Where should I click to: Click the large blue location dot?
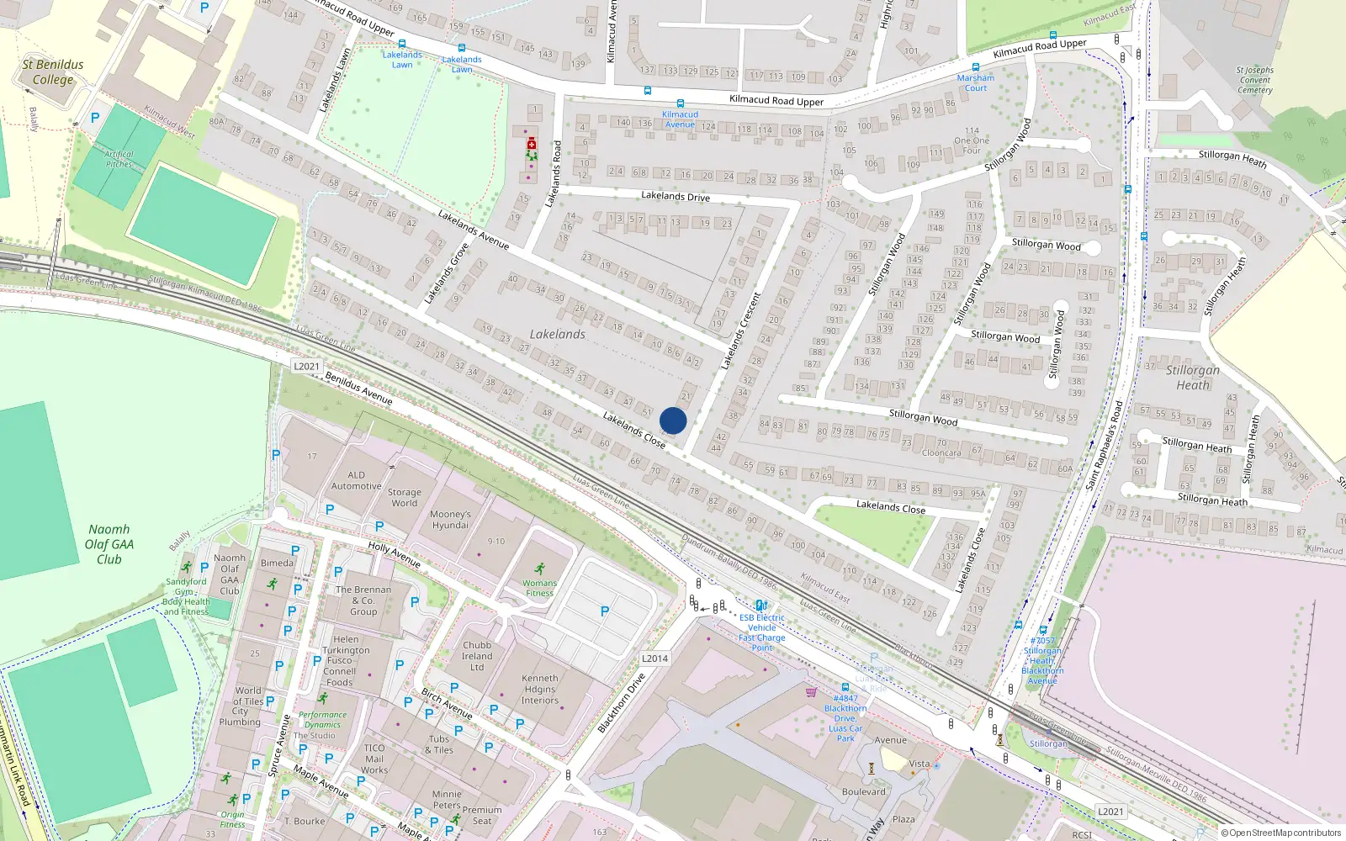673,420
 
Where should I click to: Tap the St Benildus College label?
53,72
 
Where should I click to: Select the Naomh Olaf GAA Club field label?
109,544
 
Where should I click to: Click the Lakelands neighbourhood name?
557,335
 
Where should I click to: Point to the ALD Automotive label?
356,480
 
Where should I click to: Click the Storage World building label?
404,498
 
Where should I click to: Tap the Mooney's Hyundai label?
450,520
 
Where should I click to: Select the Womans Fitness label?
539,588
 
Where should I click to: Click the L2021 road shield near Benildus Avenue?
306,367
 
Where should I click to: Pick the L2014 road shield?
654,659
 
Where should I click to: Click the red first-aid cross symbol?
531,145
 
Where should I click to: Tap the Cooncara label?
941,452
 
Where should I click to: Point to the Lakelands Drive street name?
676,197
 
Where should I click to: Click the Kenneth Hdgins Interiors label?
539,689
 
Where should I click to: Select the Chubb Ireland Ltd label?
477,656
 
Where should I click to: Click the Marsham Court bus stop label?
976,82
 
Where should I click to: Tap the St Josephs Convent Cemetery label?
1255,81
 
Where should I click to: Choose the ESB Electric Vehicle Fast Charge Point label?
762,632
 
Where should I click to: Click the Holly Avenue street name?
394,555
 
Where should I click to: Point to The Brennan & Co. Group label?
363,600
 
